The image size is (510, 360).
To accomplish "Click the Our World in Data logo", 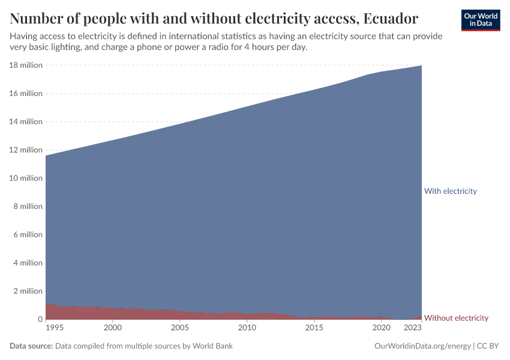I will tap(480, 20).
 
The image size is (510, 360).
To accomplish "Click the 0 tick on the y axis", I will tap(40, 319).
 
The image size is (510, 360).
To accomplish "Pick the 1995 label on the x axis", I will tap(53, 328).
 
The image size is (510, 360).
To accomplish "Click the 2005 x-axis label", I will tap(179, 328).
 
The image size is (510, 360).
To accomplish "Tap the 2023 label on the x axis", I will tap(412, 328).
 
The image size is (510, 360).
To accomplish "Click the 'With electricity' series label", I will tap(450, 191).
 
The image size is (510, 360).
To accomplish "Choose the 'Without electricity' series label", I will tap(456, 318).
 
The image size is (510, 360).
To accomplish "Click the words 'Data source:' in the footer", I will tap(31, 346).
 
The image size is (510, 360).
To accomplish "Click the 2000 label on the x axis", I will tap(112, 328).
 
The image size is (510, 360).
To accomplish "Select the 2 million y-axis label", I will tap(28, 291).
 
